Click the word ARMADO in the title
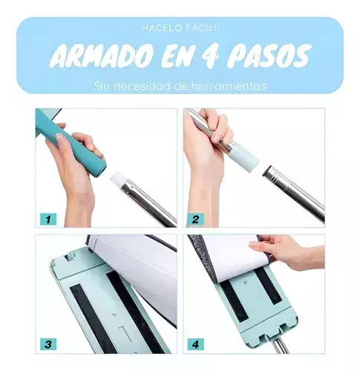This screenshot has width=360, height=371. tap(101, 56)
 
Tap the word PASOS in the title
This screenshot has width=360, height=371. tap(269, 56)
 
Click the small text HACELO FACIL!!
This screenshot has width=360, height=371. tap(180, 28)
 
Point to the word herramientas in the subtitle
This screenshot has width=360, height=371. tap(229, 86)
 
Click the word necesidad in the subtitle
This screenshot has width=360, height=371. tap(143, 86)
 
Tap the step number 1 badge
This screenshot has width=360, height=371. tap(48, 219)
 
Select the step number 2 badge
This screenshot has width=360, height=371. tap(195, 219)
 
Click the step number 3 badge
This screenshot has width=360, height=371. tap(48, 344)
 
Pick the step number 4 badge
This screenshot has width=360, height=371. tap(195, 344)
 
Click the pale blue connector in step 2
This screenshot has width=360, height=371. tap(244, 159)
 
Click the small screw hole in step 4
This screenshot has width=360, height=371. tap(245, 283)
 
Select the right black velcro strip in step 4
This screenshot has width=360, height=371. tap(268, 286)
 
